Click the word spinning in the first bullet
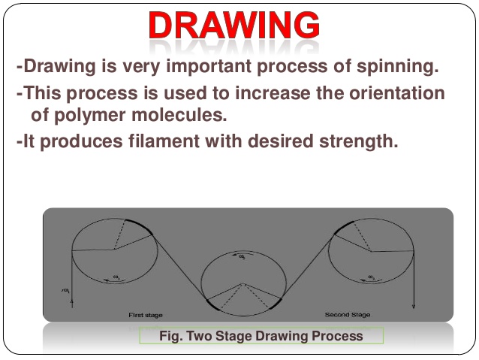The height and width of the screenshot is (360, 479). [x=397, y=66]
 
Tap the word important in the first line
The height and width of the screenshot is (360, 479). [x=206, y=66]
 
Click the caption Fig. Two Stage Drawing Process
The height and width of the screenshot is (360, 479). [x=261, y=336]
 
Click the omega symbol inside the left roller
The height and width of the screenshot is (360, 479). [x=116, y=277]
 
